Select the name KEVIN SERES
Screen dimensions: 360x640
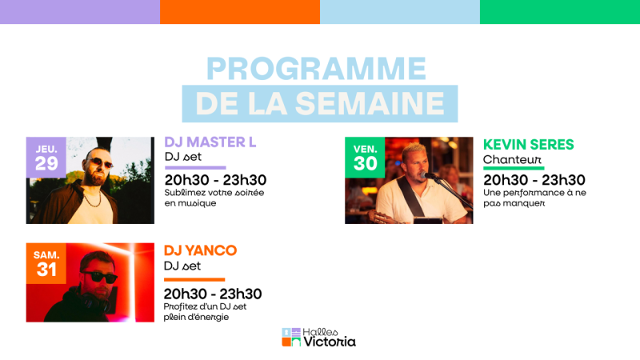529,145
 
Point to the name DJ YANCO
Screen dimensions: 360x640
200,250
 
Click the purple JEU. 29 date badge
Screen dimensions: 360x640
46,157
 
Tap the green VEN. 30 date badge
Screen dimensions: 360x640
365,157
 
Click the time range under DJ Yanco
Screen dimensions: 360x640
213,294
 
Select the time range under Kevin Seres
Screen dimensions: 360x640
534,180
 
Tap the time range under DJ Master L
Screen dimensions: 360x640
215,180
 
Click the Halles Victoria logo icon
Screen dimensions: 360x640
291,338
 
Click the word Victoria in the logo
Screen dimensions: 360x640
330,342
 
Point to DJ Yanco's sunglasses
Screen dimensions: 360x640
98,277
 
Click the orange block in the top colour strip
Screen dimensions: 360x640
240,12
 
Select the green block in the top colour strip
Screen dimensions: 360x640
560,12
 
